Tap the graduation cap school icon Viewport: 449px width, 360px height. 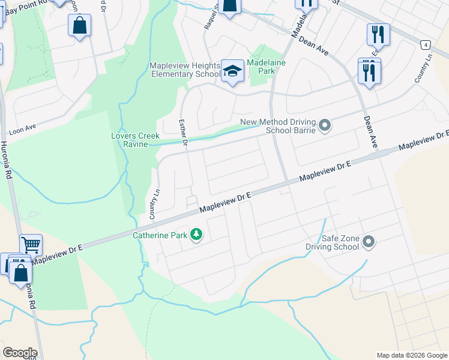(x=232, y=71)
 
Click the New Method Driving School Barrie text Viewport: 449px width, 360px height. (x=278, y=126)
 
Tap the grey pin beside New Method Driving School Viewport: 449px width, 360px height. (x=325, y=125)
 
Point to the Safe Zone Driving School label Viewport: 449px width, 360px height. (x=340, y=242)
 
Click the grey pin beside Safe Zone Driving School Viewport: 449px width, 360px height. (x=369, y=242)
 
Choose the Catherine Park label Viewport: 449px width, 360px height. (x=160, y=235)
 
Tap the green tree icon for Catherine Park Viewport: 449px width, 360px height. (x=196, y=234)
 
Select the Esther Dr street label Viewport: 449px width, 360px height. (x=184, y=133)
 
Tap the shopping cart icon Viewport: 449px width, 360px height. (x=31, y=245)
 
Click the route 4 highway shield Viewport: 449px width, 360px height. (x=425, y=45)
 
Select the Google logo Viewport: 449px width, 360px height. (x=20, y=353)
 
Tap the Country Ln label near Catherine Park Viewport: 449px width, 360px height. (x=153, y=204)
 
